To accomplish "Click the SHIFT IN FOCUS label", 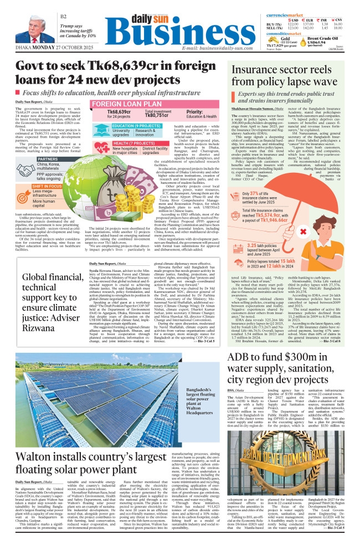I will tap(48, 187).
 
